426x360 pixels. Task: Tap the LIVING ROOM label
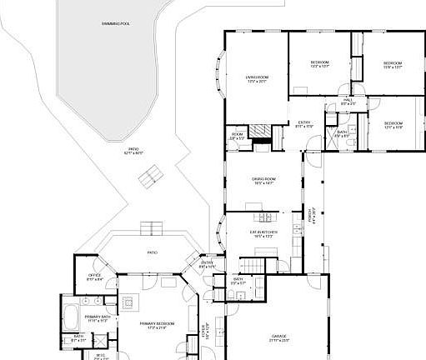[x=257, y=79]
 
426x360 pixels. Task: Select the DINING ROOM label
[x=263, y=181]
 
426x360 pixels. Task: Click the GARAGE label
[x=278, y=339]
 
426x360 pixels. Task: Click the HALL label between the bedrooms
[x=348, y=101]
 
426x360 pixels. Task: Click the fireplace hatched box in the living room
[x=262, y=132]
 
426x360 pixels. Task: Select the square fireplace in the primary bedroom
[x=129, y=302]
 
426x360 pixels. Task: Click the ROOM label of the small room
[x=238, y=136]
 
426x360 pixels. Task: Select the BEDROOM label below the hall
[x=393, y=126]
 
